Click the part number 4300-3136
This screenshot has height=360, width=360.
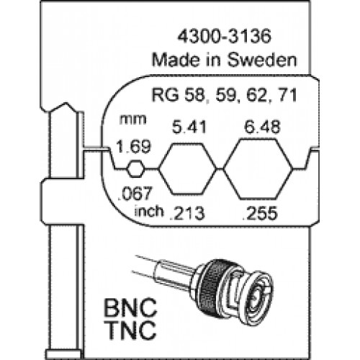[x=224, y=36]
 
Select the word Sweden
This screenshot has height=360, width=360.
[x=262, y=60]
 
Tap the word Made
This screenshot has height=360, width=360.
[x=176, y=60]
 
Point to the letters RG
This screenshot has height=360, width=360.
[x=166, y=95]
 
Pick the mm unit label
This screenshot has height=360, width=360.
[x=132, y=120]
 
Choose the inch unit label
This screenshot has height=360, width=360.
[x=149, y=211]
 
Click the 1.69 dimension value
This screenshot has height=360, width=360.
[x=134, y=146]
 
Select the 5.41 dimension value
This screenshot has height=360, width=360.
[x=189, y=127]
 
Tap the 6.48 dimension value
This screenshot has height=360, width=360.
[x=262, y=127]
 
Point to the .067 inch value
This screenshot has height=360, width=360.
[x=135, y=194]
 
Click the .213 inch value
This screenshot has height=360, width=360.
[x=187, y=213]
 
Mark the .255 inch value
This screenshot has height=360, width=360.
[x=260, y=213]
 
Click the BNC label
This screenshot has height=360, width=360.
[x=130, y=307]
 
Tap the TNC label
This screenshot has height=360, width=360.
[x=130, y=330]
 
